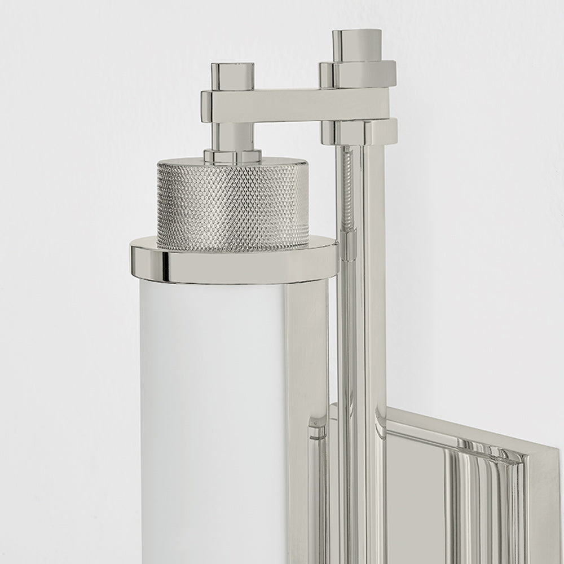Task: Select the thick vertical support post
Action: [372, 282]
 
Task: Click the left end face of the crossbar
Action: [206, 106]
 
